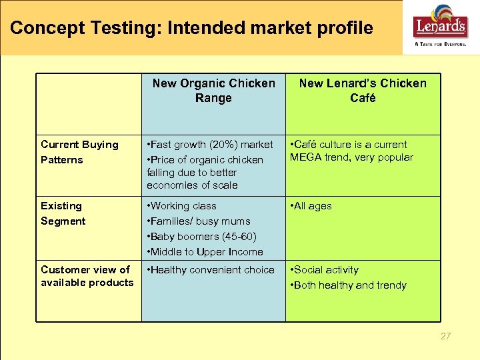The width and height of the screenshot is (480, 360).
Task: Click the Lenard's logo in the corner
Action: pyautogui.click(x=441, y=25)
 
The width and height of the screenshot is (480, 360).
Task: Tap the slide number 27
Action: pyautogui.click(x=445, y=336)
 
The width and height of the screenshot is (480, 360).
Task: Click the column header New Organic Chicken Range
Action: pyautogui.click(x=213, y=91)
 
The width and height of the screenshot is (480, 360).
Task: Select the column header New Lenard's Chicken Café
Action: pyautogui.click(x=363, y=91)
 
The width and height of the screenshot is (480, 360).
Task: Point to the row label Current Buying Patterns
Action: pyautogui.click(x=79, y=152)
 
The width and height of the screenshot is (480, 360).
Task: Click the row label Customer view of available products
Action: pyautogui.click(x=87, y=276)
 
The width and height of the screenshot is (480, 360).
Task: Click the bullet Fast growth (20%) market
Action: pyautogui.click(x=210, y=145)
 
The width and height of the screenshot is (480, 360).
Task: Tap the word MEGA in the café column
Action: pyautogui.click(x=306, y=157)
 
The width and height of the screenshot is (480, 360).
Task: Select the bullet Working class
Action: pyautogui.click(x=182, y=206)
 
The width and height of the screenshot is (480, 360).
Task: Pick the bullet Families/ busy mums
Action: pyautogui.click(x=199, y=221)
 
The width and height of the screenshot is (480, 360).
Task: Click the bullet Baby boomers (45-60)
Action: pyautogui.click(x=202, y=237)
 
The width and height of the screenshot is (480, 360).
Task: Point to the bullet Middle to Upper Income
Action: pyautogui.click(x=205, y=252)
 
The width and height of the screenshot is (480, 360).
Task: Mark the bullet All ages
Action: pyautogui.click(x=312, y=206)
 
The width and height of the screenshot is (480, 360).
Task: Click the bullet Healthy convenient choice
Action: pyautogui.click(x=211, y=270)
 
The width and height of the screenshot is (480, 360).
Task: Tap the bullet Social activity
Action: pyautogui.click(x=325, y=270)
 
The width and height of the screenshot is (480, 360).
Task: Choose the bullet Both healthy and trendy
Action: pyautogui.click(x=349, y=285)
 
